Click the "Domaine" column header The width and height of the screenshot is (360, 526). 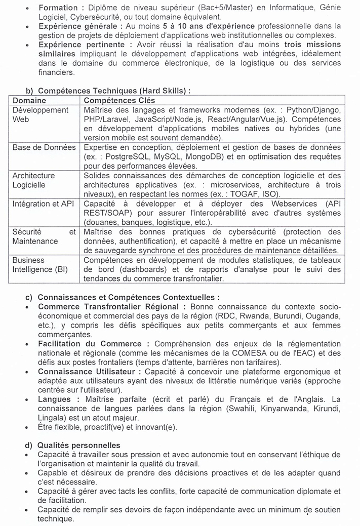click(29, 101)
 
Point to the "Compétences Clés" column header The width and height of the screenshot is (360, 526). click(119, 101)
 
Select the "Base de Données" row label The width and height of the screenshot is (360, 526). click(44, 147)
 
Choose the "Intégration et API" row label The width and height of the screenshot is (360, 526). click(44, 204)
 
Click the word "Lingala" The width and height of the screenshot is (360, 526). click(51, 418)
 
